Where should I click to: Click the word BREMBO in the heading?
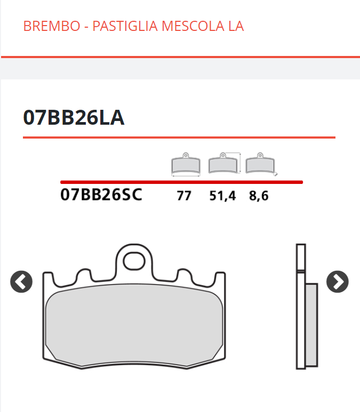(x=52, y=26)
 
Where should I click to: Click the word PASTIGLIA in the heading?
(x=125, y=26)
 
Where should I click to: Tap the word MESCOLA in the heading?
(x=193, y=26)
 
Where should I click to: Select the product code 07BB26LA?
(x=74, y=117)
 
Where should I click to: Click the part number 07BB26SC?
(x=101, y=195)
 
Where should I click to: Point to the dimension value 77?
(x=184, y=196)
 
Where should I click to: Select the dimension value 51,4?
(x=222, y=196)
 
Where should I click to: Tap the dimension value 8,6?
(x=259, y=196)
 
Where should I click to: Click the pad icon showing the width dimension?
(x=186, y=164)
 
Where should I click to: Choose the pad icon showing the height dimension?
(x=225, y=163)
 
